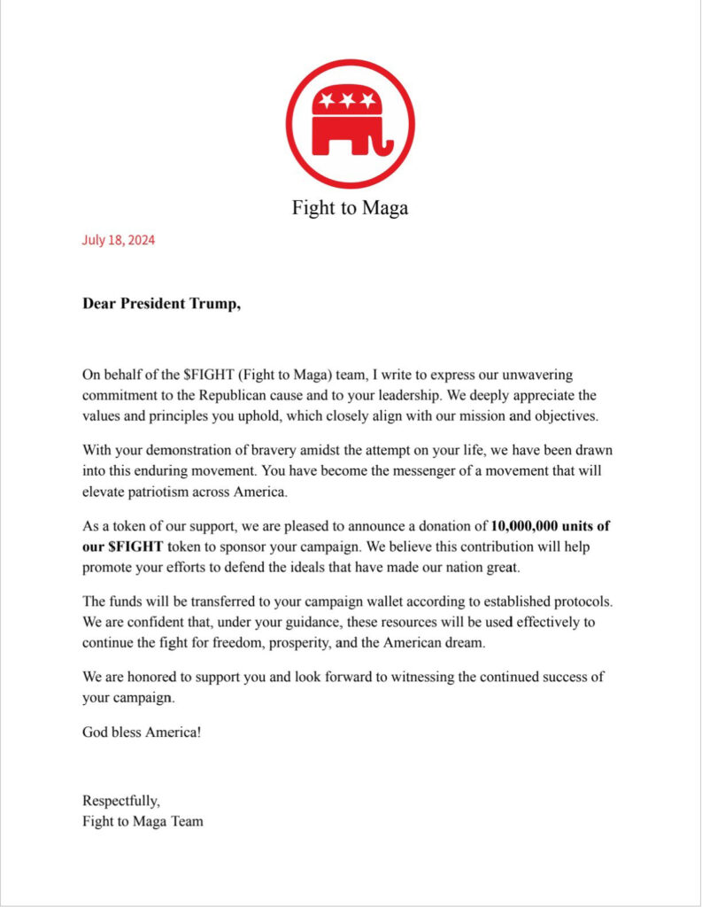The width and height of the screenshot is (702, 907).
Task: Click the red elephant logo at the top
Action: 350,123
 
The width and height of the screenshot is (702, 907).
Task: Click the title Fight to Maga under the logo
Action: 350,209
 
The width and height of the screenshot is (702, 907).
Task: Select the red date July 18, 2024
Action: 119,239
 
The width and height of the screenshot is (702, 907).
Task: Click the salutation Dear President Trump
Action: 161,304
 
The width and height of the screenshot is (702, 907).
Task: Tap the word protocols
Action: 576,601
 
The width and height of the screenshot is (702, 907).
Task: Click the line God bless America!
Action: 142,733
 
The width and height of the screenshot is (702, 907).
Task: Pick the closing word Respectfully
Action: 121,802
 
